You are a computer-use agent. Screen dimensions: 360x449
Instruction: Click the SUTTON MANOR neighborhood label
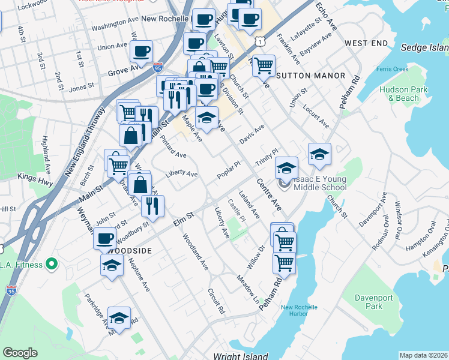[311, 76]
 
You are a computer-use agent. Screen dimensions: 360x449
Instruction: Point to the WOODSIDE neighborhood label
[131, 250]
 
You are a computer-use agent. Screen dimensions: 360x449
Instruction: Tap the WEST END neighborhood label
[366, 44]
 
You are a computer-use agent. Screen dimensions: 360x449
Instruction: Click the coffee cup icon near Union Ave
[142, 52]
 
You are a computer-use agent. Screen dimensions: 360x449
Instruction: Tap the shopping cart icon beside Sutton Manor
[264, 66]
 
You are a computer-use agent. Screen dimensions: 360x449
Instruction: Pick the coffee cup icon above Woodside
[104, 238]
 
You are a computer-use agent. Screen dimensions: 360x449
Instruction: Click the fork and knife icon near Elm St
[152, 206]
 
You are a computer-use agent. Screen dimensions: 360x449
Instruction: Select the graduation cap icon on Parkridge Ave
[119, 318]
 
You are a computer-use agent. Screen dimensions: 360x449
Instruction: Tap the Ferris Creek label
[393, 69]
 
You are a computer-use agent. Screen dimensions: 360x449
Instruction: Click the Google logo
[20, 353]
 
